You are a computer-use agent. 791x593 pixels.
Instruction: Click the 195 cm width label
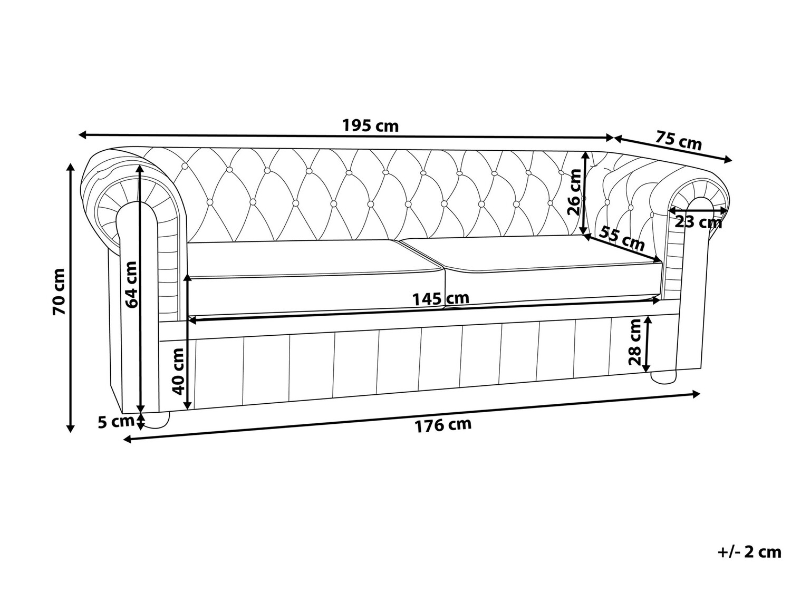click(371, 126)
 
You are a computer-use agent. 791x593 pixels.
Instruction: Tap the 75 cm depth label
click(679, 141)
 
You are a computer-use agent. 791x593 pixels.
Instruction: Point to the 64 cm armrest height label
click(130, 285)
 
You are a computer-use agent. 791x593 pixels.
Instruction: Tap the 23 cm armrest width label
click(698, 222)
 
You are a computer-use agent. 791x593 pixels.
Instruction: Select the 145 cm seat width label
click(440, 299)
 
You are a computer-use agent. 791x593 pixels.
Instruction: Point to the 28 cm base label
click(634, 343)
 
